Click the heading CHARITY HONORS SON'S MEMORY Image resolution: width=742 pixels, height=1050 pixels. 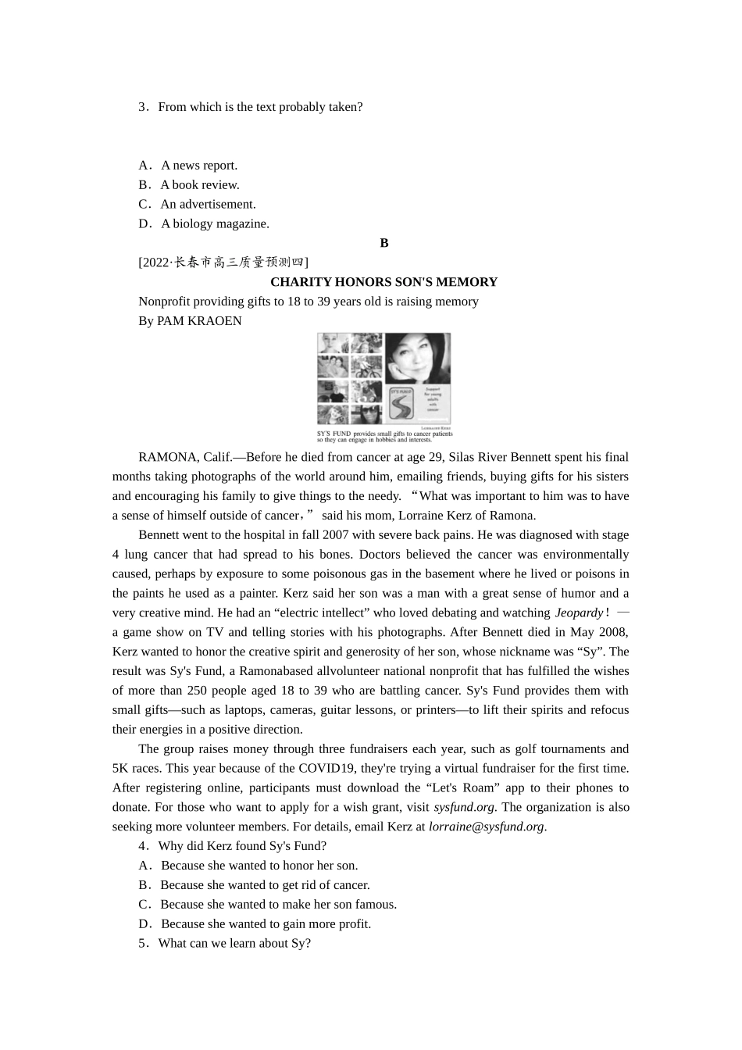pyautogui.click(x=383, y=282)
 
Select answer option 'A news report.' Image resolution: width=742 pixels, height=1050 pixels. pyautogui.click(x=198, y=165)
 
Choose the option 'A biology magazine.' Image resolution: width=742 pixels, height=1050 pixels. pyautogui.click(x=214, y=223)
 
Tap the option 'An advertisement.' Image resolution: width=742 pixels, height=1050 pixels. pyautogui.click(x=207, y=204)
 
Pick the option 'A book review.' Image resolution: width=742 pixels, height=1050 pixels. pyautogui.click(x=199, y=184)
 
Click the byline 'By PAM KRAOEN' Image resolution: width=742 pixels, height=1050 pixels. pyautogui.click(x=190, y=320)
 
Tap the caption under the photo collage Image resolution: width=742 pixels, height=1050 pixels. pyautogui.click(x=384, y=436)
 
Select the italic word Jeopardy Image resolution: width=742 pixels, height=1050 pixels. pyautogui.click(x=579, y=612)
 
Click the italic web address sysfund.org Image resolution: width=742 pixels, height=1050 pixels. pyautogui.click(x=464, y=807)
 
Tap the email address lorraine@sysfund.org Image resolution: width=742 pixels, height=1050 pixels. pyautogui.click(x=486, y=827)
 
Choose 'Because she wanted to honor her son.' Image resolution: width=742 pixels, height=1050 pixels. pyautogui.click(x=259, y=865)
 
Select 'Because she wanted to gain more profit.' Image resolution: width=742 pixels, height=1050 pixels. pyautogui.click(x=265, y=923)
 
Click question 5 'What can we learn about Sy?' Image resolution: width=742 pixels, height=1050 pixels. pyautogui.click(x=234, y=943)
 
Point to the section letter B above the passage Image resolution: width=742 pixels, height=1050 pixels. pyautogui.click(x=384, y=243)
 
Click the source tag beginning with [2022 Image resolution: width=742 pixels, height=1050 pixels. pyautogui.click(x=223, y=262)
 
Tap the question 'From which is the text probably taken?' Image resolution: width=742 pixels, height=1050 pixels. pyautogui.click(x=259, y=107)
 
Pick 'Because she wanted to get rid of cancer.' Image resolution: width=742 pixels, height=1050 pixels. pyautogui.click(x=264, y=884)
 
